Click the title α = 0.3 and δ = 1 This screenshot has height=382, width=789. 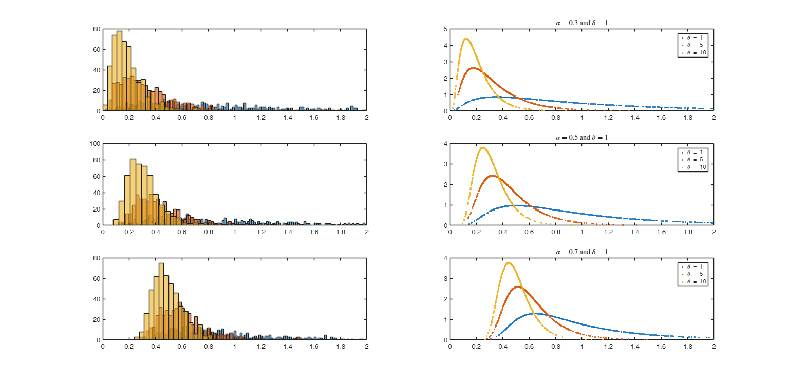[x=581, y=23]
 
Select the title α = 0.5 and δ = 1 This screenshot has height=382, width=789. [x=581, y=137]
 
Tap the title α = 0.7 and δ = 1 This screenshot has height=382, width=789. [x=581, y=252]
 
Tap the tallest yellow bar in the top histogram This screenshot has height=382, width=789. [x=119, y=71]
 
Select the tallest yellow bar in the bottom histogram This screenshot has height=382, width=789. [x=161, y=301]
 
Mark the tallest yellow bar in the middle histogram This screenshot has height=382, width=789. [x=133, y=192]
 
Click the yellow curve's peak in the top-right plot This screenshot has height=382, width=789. [x=466, y=39]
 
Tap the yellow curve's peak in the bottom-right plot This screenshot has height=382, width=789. [x=509, y=263]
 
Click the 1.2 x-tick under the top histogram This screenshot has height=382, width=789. [x=261, y=117]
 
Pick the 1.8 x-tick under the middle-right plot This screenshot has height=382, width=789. [x=687, y=232]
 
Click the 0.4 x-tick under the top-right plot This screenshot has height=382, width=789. [x=503, y=117]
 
